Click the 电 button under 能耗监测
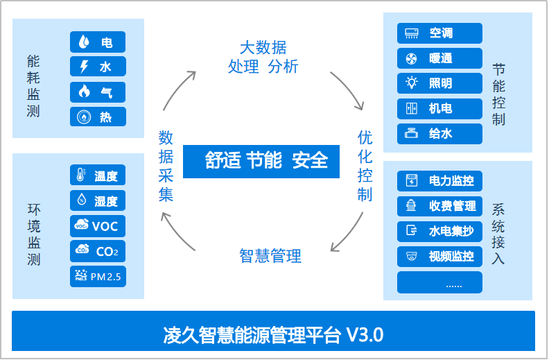pos(98,42)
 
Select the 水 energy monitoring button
pos(98,67)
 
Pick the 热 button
pos(98,117)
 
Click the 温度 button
pos(98,175)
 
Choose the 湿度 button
pos(98,200)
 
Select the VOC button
pos(98,225)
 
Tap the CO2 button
pos(98,250)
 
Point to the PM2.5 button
pos(98,276)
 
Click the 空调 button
pos(439,33)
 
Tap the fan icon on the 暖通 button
pos(411,58)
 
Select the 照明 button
pos(439,83)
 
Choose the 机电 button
pos(439,108)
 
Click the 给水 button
pos(439,133)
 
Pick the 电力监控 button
pos(439,181)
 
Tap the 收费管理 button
pos(439,206)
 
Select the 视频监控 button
pos(439,256)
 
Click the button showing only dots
pos(439,282)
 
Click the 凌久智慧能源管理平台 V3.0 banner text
pos(273,335)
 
